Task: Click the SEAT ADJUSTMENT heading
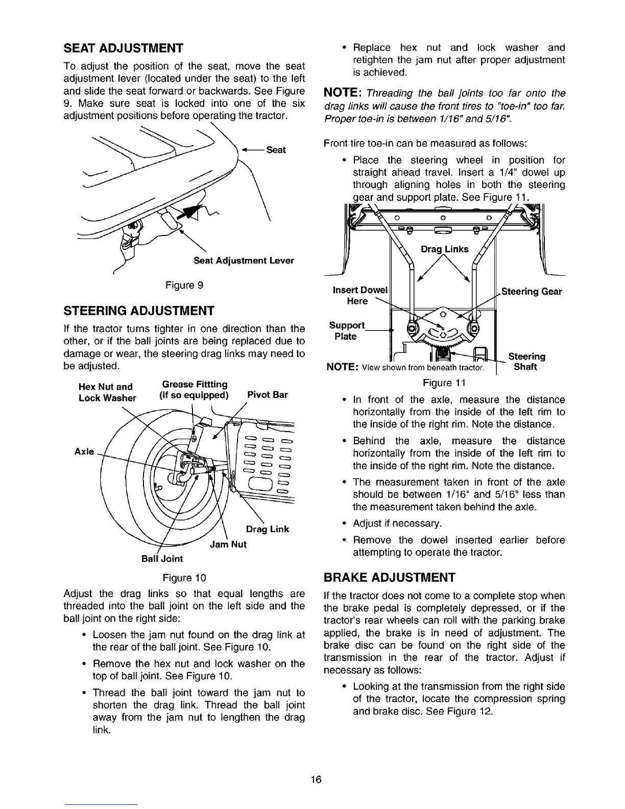123,49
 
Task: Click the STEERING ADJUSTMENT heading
138,311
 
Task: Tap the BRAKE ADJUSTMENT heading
389,578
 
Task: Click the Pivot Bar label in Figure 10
267,395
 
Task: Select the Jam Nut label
228,544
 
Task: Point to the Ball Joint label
162,559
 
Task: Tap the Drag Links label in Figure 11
444,249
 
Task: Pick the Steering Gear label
531,292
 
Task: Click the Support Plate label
347,331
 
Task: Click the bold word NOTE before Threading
342,93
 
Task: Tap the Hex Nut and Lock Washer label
107,392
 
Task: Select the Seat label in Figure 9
276,150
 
